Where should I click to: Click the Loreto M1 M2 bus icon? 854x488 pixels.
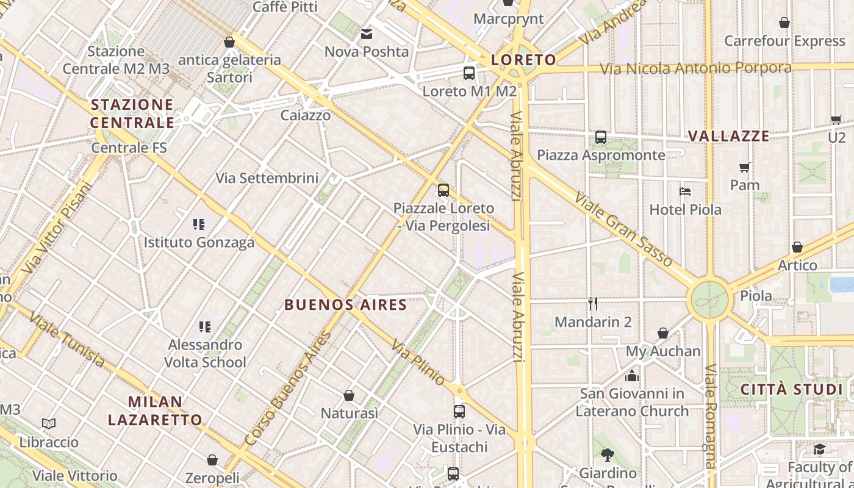(x=468, y=73)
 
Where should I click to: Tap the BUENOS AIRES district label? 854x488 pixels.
(x=346, y=304)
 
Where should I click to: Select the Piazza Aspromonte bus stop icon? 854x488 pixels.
(x=601, y=137)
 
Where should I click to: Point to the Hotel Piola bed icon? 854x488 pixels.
(x=685, y=192)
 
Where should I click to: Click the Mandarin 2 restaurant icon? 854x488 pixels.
(x=593, y=303)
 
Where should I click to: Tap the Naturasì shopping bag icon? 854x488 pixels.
(x=349, y=395)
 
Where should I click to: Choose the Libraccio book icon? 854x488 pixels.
(x=49, y=423)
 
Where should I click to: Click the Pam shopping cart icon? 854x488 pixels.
(x=744, y=167)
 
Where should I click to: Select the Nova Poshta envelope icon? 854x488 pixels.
(x=367, y=34)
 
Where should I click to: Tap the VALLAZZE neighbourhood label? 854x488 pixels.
(x=729, y=136)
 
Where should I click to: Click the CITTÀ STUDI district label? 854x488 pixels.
(x=792, y=389)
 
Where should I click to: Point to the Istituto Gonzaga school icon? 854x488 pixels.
(x=198, y=224)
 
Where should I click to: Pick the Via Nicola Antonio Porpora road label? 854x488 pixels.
(x=695, y=68)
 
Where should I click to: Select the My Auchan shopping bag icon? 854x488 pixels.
(x=663, y=333)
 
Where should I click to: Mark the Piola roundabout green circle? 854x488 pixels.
(x=710, y=299)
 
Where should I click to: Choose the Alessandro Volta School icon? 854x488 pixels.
(x=205, y=327)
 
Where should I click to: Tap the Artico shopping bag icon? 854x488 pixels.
(x=797, y=247)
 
